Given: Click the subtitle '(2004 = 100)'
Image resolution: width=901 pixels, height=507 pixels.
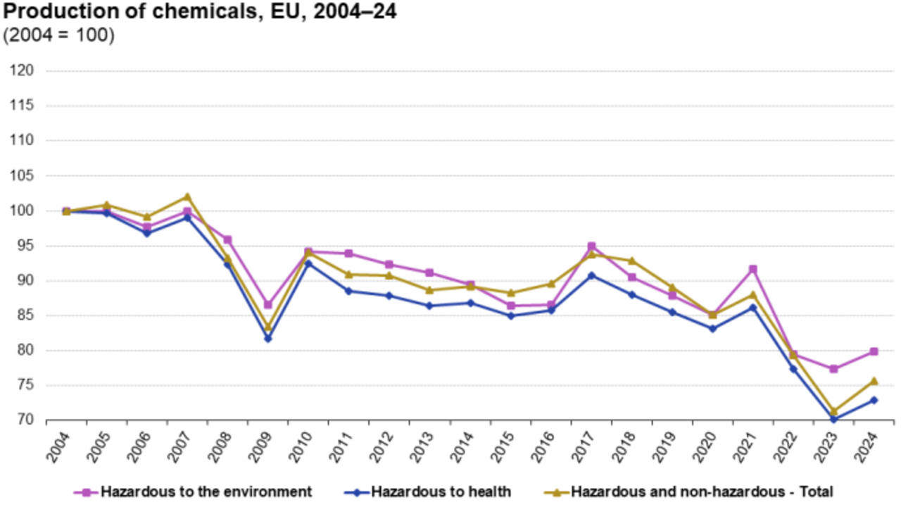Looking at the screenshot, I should coord(59,35).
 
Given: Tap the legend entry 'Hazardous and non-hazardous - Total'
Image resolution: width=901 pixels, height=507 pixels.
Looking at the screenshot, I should coord(701,492).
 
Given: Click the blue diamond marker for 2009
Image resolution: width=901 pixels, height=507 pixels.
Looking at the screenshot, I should coord(267,339).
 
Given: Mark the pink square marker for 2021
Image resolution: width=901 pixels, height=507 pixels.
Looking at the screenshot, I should coord(753,269).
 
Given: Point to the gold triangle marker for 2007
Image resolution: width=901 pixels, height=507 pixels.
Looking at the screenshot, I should coord(187,196).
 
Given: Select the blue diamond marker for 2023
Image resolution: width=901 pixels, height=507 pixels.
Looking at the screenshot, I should coord(833,420).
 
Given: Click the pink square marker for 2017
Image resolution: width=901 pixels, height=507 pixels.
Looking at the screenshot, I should coord(591,246).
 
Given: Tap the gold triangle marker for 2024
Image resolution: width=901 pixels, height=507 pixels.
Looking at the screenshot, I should coord(874,381).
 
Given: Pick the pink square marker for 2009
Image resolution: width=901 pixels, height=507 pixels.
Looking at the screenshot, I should coord(267,305).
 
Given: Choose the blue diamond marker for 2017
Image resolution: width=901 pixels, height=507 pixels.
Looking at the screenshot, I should coord(591,275).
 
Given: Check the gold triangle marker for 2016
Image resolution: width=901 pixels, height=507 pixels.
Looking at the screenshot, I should coord(551,284).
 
